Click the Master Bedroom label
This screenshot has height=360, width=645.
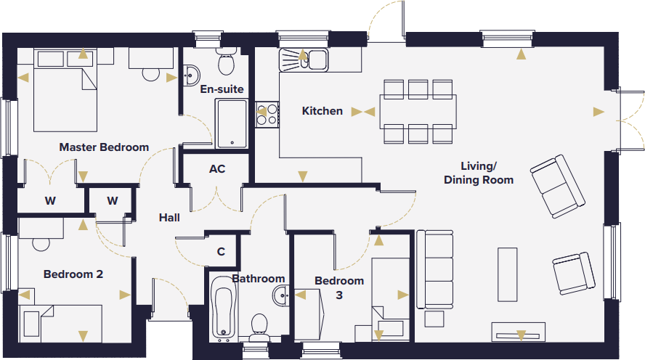click(x=104, y=147)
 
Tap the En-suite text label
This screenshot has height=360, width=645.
click(x=222, y=89)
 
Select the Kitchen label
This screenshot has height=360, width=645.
click(x=322, y=111)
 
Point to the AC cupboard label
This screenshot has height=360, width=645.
click(x=217, y=169)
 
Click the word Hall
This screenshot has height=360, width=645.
click(x=169, y=217)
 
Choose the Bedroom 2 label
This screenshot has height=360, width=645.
click(x=73, y=274)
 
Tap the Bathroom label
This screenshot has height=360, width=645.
click(x=259, y=279)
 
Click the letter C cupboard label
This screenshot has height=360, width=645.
click(x=222, y=252)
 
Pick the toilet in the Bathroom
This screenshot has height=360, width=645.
click(x=259, y=327)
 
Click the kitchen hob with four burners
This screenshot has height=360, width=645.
click(x=267, y=114)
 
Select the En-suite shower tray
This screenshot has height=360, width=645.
click(x=232, y=123)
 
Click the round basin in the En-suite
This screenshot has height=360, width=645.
click(x=192, y=74)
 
